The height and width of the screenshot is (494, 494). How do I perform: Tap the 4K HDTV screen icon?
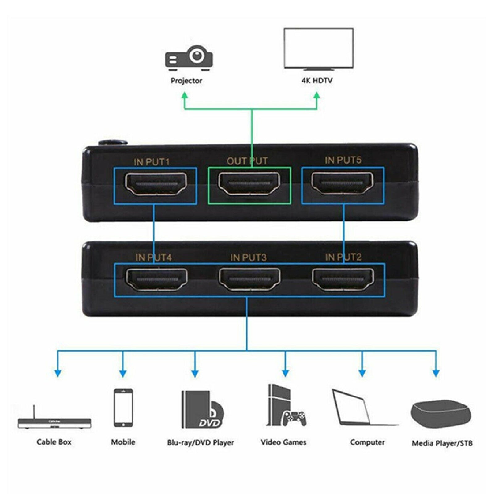pos(318,49)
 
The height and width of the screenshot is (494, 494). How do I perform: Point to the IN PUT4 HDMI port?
pos(157,279)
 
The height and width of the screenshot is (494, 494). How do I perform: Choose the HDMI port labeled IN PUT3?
pos(249,279)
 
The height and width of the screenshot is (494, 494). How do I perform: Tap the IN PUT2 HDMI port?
pos(343,279)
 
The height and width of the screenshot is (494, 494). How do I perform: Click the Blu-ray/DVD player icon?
pos(201,409)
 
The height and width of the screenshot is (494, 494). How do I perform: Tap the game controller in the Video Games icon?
pos(294,418)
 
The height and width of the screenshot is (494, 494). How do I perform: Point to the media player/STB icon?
pos(441,414)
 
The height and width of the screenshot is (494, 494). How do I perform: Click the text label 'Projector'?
pos(186,81)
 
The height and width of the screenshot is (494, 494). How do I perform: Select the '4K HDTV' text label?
pos(317,81)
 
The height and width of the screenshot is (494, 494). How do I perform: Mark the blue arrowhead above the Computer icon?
pos(362,373)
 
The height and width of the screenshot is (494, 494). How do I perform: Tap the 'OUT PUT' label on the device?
pos(247,161)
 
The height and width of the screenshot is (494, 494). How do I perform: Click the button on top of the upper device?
pos(113,143)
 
